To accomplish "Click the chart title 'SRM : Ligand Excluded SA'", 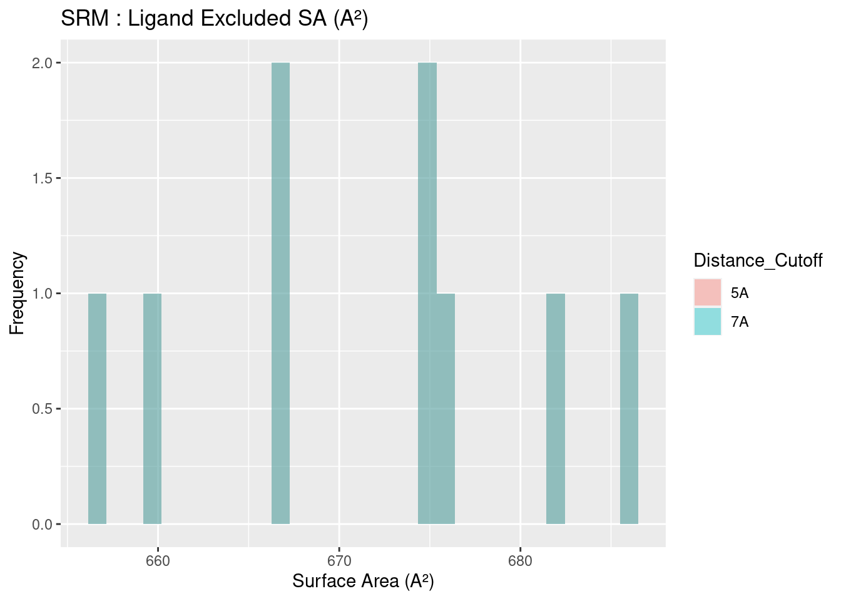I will point(214,19).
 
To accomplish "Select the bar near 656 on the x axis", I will point(97,408).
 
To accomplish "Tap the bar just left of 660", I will point(152,408).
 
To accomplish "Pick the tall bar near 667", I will point(280,293).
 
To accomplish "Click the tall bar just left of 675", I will point(427,293).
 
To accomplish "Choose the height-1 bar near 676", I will point(446,408).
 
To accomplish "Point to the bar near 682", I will point(556,408).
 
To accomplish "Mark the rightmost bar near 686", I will point(629,408).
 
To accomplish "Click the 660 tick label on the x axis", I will point(158,561).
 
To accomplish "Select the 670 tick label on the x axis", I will point(339,561).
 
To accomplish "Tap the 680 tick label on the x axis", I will point(520,561).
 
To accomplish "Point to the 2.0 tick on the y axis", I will point(42,63).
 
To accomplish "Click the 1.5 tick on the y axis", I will point(42,178).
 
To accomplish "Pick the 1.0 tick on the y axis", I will point(42,294).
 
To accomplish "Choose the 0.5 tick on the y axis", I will point(42,409).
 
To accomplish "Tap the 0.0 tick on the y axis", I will point(42,525).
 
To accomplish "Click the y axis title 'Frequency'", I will point(18,293).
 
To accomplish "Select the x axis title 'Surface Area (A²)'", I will point(363,582).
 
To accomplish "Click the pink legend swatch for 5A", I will point(707,292).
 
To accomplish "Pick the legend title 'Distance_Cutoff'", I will point(757,260).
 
